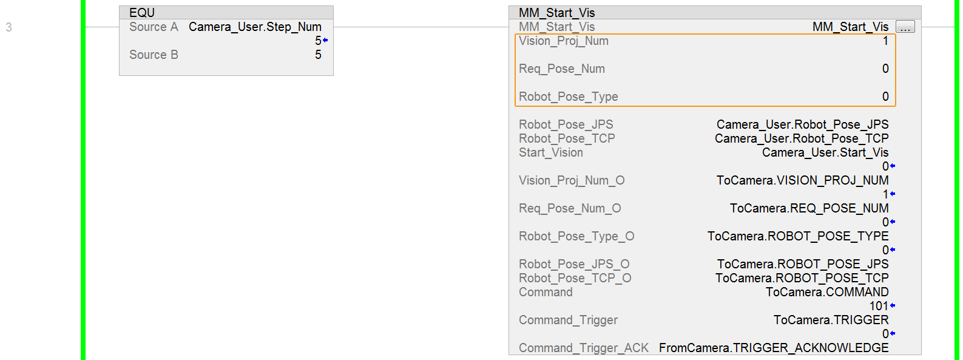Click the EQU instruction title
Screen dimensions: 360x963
(142, 13)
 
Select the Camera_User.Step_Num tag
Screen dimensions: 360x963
(255, 27)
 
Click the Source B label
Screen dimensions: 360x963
(154, 55)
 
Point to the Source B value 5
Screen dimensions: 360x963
(318, 55)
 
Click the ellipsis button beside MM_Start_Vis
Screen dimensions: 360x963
(905, 27)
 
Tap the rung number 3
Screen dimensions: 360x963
(8, 27)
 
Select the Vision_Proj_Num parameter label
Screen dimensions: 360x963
(563, 41)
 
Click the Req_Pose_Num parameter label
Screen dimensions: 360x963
(561, 69)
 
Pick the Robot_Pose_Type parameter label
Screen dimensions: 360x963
(568, 97)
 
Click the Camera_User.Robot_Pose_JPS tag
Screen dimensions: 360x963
(802, 124)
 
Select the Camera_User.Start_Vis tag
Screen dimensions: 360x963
(825, 152)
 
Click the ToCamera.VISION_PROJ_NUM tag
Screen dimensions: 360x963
(802, 180)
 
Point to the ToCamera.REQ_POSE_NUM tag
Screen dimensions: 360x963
(809, 208)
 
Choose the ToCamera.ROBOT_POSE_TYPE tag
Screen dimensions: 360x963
(797, 236)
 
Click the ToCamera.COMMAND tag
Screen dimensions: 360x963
(826, 292)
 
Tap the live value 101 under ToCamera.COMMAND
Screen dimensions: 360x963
(879, 306)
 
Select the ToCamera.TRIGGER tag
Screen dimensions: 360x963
(831, 320)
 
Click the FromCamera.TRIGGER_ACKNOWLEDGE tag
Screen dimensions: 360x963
(774, 348)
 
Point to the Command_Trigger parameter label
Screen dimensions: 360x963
(568, 320)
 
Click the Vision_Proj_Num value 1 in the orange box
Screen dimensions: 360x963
(885, 41)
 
